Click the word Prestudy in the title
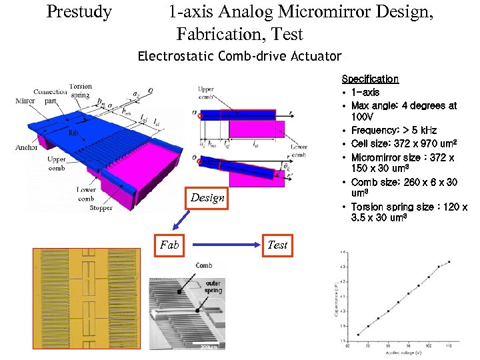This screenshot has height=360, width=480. click(x=79, y=12)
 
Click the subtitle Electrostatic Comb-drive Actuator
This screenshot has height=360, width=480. click(x=239, y=57)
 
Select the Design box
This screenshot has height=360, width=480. click(x=207, y=197)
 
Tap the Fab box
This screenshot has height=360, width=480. click(x=169, y=245)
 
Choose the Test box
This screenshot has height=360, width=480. click(x=277, y=245)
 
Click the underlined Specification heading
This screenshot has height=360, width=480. click(x=370, y=79)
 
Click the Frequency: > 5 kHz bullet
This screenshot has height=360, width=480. click(x=393, y=131)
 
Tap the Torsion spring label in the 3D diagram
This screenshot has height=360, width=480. click(x=81, y=91)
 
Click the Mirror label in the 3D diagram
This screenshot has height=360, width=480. click(x=25, y=101)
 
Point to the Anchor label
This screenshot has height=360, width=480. click(x=27, y=147)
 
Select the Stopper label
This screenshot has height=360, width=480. click(x=101, y=208)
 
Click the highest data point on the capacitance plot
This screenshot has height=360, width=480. click(x=449, y=262)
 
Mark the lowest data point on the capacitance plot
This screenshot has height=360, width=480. click(x=359, y=335)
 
